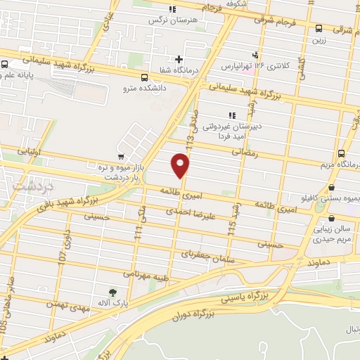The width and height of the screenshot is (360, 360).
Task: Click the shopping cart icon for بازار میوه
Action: (x=122, y=156)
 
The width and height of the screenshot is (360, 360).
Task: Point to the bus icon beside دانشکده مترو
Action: (x=144, y=78)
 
